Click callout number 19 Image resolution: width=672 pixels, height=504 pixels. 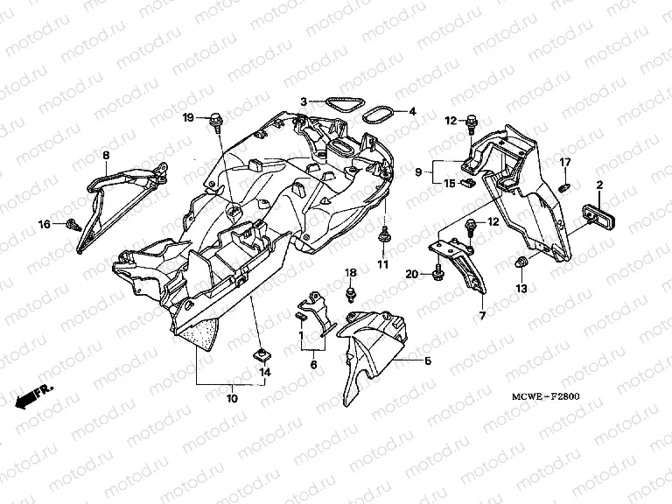tap(188, 117)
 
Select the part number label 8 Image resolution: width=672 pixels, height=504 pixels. tap(106, 156)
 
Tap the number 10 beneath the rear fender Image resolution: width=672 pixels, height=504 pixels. tap(232, 399)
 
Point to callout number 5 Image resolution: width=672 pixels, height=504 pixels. tap(428, 360)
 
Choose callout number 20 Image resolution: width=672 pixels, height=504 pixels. tap(410, 275)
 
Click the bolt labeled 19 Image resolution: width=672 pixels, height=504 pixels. tap(213, 120)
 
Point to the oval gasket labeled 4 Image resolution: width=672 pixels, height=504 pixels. tap(376, 115)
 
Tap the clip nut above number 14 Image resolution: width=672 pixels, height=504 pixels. tap(261, 353)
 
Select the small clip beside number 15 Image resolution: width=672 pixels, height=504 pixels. tap(469, 183)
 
